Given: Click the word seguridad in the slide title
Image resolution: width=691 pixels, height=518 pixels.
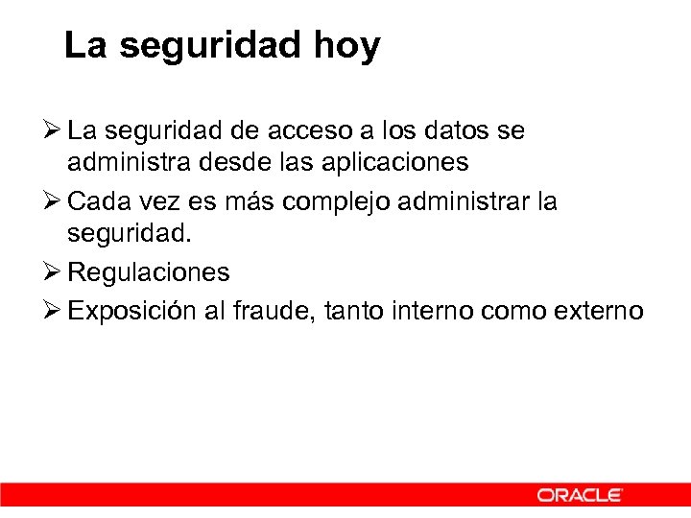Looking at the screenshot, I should point(210,46).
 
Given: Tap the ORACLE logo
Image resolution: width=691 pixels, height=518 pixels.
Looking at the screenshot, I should point(580,495).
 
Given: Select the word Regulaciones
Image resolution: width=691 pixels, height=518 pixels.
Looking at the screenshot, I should point(149,272).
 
